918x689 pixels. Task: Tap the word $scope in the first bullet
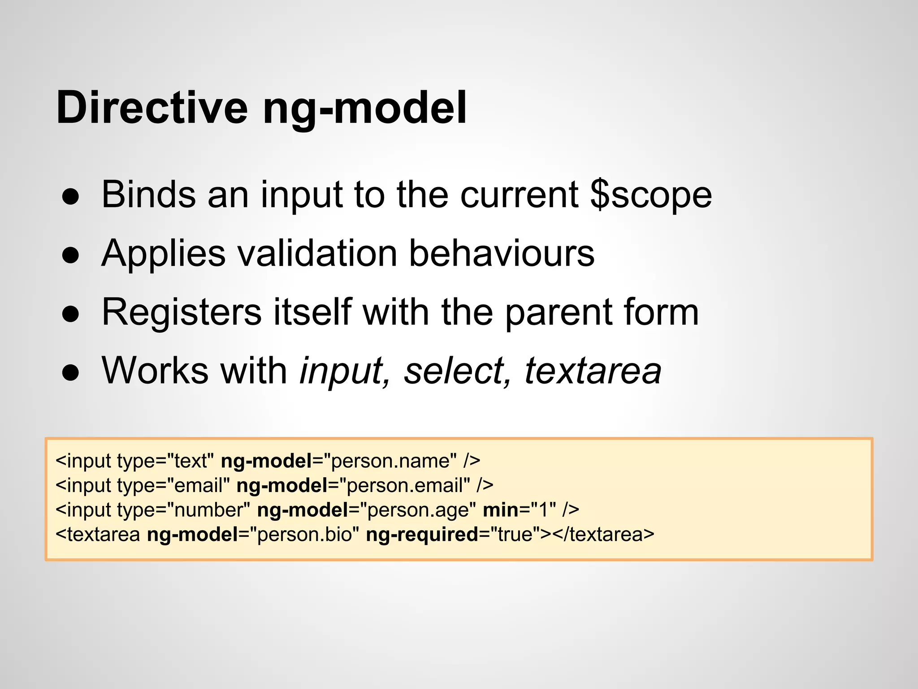[651, 195]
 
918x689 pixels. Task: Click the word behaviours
[502, 253]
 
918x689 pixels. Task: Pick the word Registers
[182, 312]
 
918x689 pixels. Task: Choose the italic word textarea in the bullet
[593, 371]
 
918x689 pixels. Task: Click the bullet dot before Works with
[71, 372]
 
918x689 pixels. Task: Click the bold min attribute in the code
[500, 510]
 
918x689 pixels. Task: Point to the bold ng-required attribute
[422, 535]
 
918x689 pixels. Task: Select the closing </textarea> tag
[603, 535]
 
